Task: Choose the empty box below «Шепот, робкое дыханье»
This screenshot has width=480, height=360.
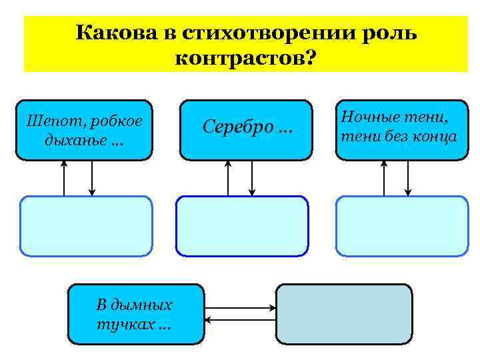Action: click(85, 225)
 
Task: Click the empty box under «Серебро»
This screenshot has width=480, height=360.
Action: click(242, 225)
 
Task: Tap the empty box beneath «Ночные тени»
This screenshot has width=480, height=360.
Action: click(401, 225)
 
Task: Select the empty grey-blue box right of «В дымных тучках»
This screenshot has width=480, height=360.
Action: click(344, 314)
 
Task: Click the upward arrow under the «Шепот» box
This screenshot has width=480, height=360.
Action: click(64, 178)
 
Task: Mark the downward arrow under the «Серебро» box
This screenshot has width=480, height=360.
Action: click(252, 178)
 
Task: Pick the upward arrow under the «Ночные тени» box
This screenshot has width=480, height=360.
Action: click(384, 178)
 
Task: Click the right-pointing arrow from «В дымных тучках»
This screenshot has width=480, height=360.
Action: click(240, 308)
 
